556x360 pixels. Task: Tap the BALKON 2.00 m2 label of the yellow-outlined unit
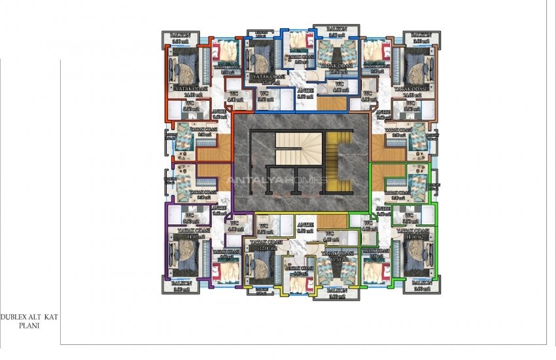[336, 293]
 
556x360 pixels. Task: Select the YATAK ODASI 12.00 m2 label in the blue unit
[266, 79]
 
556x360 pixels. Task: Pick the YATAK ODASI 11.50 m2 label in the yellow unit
[337, 255]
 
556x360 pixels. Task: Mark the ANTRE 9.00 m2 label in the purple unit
[219, 211]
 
